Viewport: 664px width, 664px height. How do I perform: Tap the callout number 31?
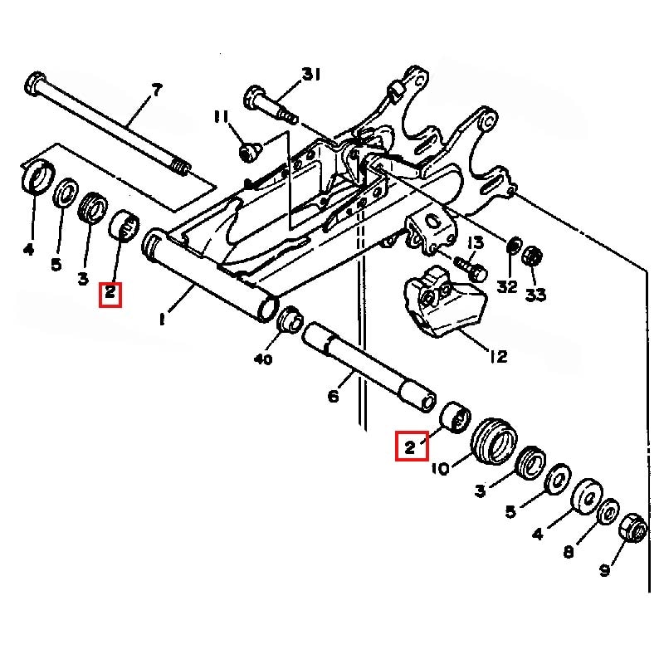point(311,76)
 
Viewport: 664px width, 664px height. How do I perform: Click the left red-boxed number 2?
point(110,294)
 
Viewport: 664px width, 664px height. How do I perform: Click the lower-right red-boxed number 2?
point(410,447)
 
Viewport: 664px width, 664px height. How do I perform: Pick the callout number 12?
point(498,358)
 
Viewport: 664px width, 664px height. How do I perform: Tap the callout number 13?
point(475,242)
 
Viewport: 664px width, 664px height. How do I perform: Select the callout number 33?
point(536,294)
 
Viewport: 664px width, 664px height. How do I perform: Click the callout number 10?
point(441,468)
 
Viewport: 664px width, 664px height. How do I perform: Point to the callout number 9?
point(605,569)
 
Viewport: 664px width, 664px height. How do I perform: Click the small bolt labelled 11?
point(247,151)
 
